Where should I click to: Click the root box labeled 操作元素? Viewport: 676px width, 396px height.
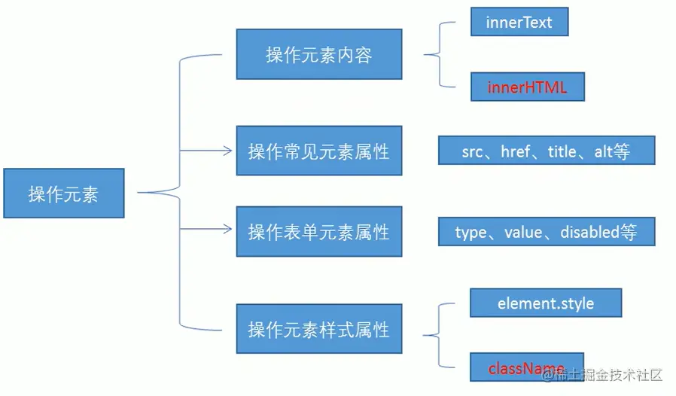pyautogui.click(x=63, y=193)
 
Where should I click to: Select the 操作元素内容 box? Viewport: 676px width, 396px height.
pyautogui.click(x=318, y=54)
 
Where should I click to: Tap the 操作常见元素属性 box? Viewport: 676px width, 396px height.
pyautogui.click(x=318, y=151)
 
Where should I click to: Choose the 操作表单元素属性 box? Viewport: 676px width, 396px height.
pyautogui.click(x=318, y=231)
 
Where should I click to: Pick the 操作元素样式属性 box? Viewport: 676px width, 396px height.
pyautogui.click(x=318, y=329)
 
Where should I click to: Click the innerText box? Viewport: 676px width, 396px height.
pyautogui.click(x=519, y=22)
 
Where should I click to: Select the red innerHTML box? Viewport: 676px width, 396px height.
pyautogui.click(x=527, y=87)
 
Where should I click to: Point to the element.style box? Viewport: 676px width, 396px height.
pyautogui.click(x=545, y=303)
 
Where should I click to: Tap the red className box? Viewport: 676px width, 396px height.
pyautogui.click(x=526, y=368)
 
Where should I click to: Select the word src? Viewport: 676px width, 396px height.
pyautogui.click(x=472, y=151)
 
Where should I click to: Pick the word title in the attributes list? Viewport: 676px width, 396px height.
pyautogui.click(x=562, y=151)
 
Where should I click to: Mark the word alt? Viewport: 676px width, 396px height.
pyautogui.click(x=603, y=151)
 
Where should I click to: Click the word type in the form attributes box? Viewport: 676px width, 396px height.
pyautogui.click(x=470, y=233)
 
